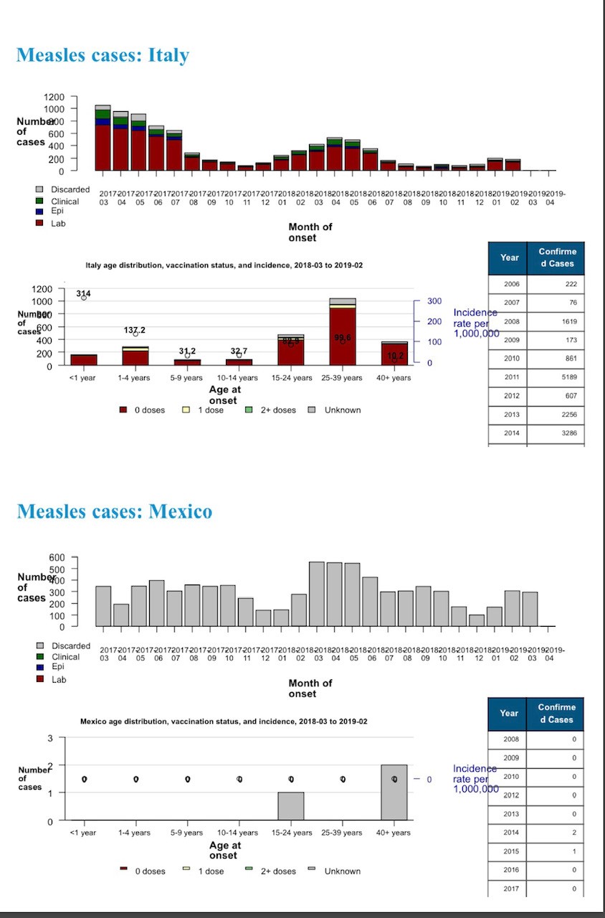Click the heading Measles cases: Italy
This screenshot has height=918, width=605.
tap(103, 55)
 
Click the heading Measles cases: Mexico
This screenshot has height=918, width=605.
tap(114, 511)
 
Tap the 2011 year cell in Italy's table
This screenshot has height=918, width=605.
tap(511, 377)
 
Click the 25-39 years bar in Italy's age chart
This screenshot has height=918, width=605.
tap(343, 333)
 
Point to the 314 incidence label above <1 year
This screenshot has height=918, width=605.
tap(84, 294)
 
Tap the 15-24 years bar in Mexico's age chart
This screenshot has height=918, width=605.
tap(290, 806)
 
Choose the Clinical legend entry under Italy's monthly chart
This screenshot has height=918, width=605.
tap(65, 202)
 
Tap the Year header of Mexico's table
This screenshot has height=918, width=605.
tap(509, 714)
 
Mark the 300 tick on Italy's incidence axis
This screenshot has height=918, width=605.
tap(435, 301)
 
